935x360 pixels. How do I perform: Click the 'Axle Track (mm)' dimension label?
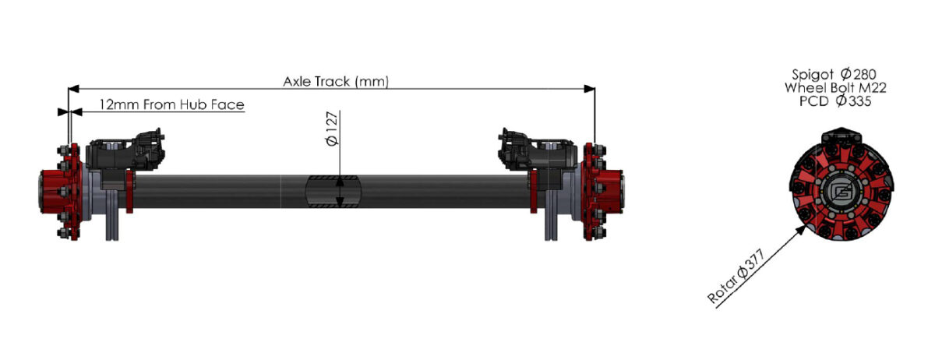click(x=336, y=81)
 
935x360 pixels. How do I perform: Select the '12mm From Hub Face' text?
click(x=171, y=104)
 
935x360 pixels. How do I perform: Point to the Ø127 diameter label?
click(x=331, y=129)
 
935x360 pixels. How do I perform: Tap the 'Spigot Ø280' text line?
click(x=835, y=74)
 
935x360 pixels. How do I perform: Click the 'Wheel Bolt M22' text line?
click(x=835, y=88)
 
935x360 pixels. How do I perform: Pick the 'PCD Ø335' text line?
click(x=835, y=101)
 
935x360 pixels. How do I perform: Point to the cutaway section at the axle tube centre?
click(x=333, y=191)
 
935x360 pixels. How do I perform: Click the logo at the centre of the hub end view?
click(x=837, y=191)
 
